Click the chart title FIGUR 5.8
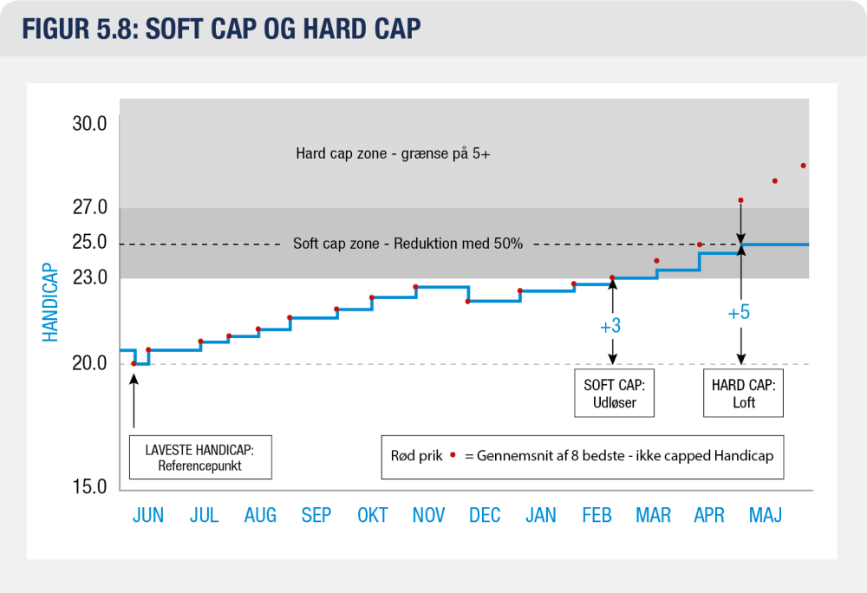click(80, 29)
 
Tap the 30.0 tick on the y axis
click(89, 123)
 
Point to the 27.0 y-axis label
click(89, 206)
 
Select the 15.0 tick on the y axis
click(89, 486)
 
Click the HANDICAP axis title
click(50, 303)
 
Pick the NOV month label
click(428, 515)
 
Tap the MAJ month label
click(766, 515)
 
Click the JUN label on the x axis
click(148, 515)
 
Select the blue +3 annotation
click(610, 326)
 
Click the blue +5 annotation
click(739, 313)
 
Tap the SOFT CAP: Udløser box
click(615, 393)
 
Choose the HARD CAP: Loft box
click(743, 393)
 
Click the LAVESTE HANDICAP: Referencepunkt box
click(200, 457)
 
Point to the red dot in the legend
click(453, 455)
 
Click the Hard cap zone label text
click(393, 153)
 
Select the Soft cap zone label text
click(407, 243)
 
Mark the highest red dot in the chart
click(804, 166)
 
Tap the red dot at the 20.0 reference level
click(134, 363)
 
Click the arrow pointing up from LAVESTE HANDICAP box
click(134, 401)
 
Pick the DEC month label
click(485, 515)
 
